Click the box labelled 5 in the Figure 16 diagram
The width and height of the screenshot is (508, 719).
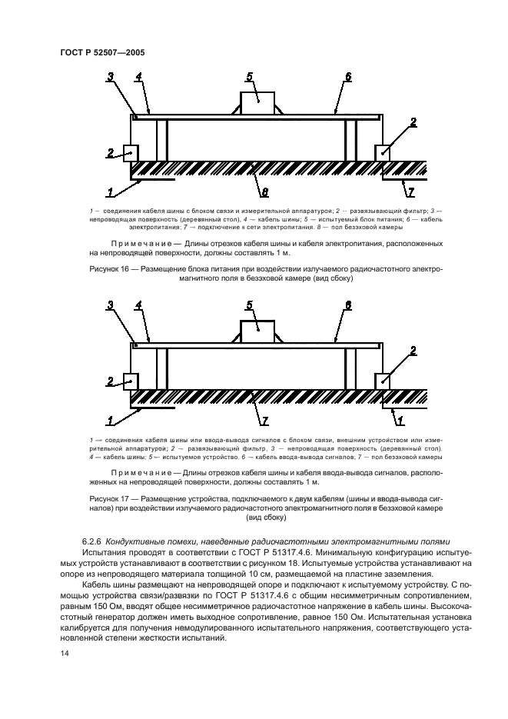click(258, 100)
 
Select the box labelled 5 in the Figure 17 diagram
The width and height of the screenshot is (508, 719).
click(258, 329)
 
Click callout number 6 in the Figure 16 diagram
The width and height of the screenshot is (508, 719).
click(347, 76)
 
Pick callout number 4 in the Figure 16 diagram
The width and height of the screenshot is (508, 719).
click(138, 76)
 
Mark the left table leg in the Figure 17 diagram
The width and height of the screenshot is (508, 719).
click(161, 368)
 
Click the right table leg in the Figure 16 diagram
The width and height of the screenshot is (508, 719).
click(350, 139)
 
